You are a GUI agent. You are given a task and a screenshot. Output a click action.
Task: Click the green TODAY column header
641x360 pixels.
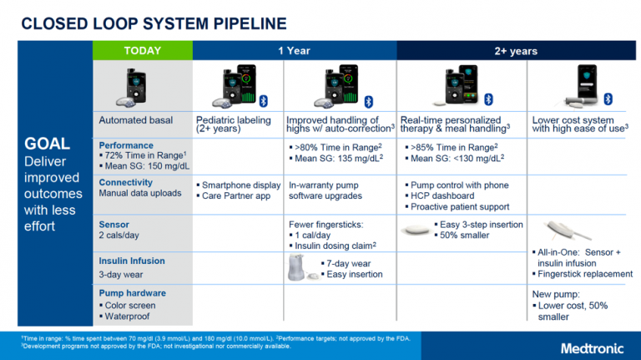143,51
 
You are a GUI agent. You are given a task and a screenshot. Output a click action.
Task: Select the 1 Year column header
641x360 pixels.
294,51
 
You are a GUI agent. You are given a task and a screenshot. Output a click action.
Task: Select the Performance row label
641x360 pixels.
126,145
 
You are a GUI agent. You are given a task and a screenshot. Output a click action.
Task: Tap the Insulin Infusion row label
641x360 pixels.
132,261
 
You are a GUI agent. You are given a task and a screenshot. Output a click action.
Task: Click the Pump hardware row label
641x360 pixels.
132,293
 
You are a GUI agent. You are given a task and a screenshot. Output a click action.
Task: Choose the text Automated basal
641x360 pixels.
135,120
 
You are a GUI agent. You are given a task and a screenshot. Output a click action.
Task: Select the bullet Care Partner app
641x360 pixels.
235,195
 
